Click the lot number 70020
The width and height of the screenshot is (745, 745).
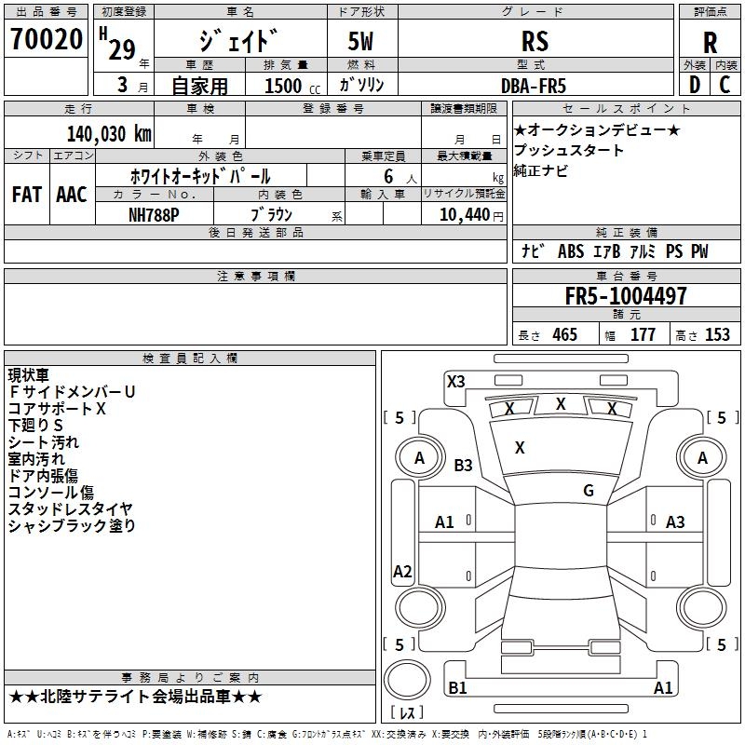(x=47, y=39)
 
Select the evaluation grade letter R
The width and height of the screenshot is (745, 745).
(x=710, y=42)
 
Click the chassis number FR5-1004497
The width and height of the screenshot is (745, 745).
(x=626, y=296)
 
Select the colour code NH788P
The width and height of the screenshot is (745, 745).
(x=154, y=213)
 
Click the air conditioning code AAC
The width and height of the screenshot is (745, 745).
(x=71, y=194)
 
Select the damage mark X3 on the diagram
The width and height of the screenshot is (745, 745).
(x=455, y=381)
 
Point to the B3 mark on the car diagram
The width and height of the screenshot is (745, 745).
(x=463, y=465)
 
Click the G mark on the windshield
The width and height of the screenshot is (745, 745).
(x=589, y=491)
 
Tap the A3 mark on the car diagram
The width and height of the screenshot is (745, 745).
(x=675, y=522)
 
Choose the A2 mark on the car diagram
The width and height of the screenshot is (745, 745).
(x=402, y=572)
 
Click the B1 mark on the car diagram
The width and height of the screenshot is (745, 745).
(x=457, y=688)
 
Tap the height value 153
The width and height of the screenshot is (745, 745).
(x=717, y=335)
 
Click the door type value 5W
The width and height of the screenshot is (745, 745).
(x=362, y=41)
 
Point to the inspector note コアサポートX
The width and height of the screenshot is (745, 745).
(x=58, y=409)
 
